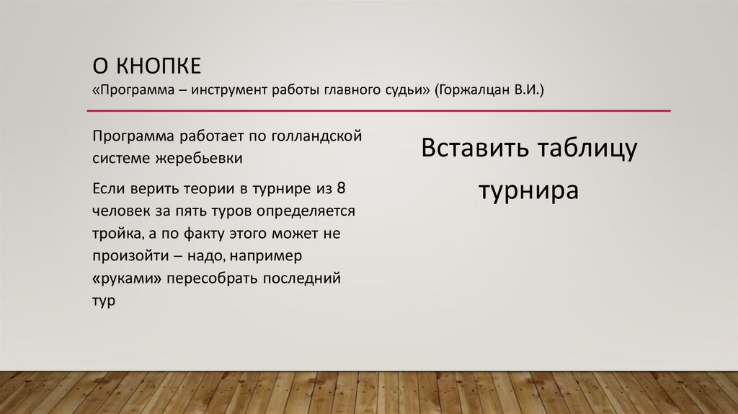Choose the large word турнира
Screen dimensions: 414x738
(529, 192)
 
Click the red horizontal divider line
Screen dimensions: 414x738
(379, 111)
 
